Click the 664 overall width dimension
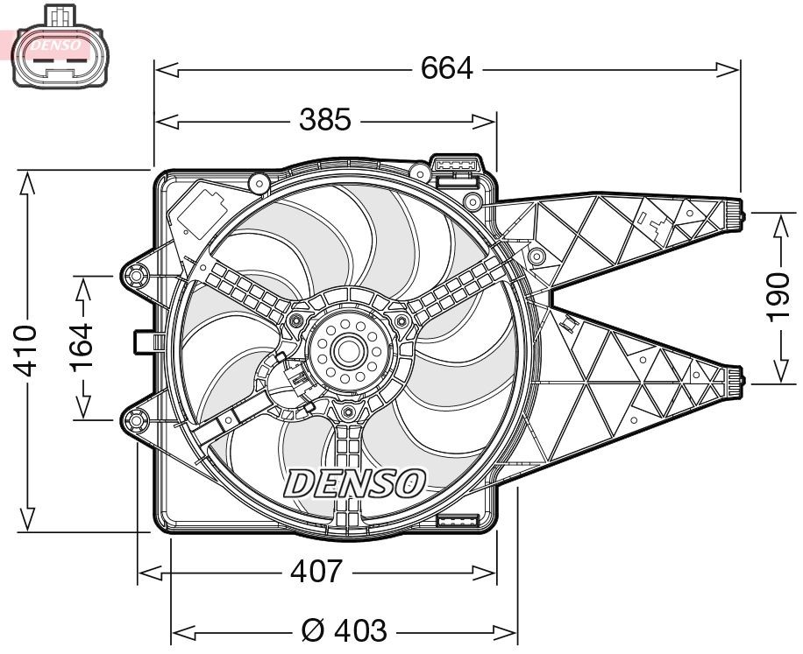point(446,67)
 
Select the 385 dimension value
point(324,119)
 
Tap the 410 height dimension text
point(27,350)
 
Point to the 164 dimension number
point(82,348)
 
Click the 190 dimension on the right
point(778,298)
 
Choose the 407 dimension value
point(316,572)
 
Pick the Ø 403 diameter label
point(343,629)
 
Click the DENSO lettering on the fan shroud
point(355,482)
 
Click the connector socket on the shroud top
point(456,166)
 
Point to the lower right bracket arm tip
point(735,378)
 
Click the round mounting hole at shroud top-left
point(258,183)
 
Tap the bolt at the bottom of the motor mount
point(347,412)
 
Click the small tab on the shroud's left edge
point(144,341)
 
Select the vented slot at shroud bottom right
point(456,521)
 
